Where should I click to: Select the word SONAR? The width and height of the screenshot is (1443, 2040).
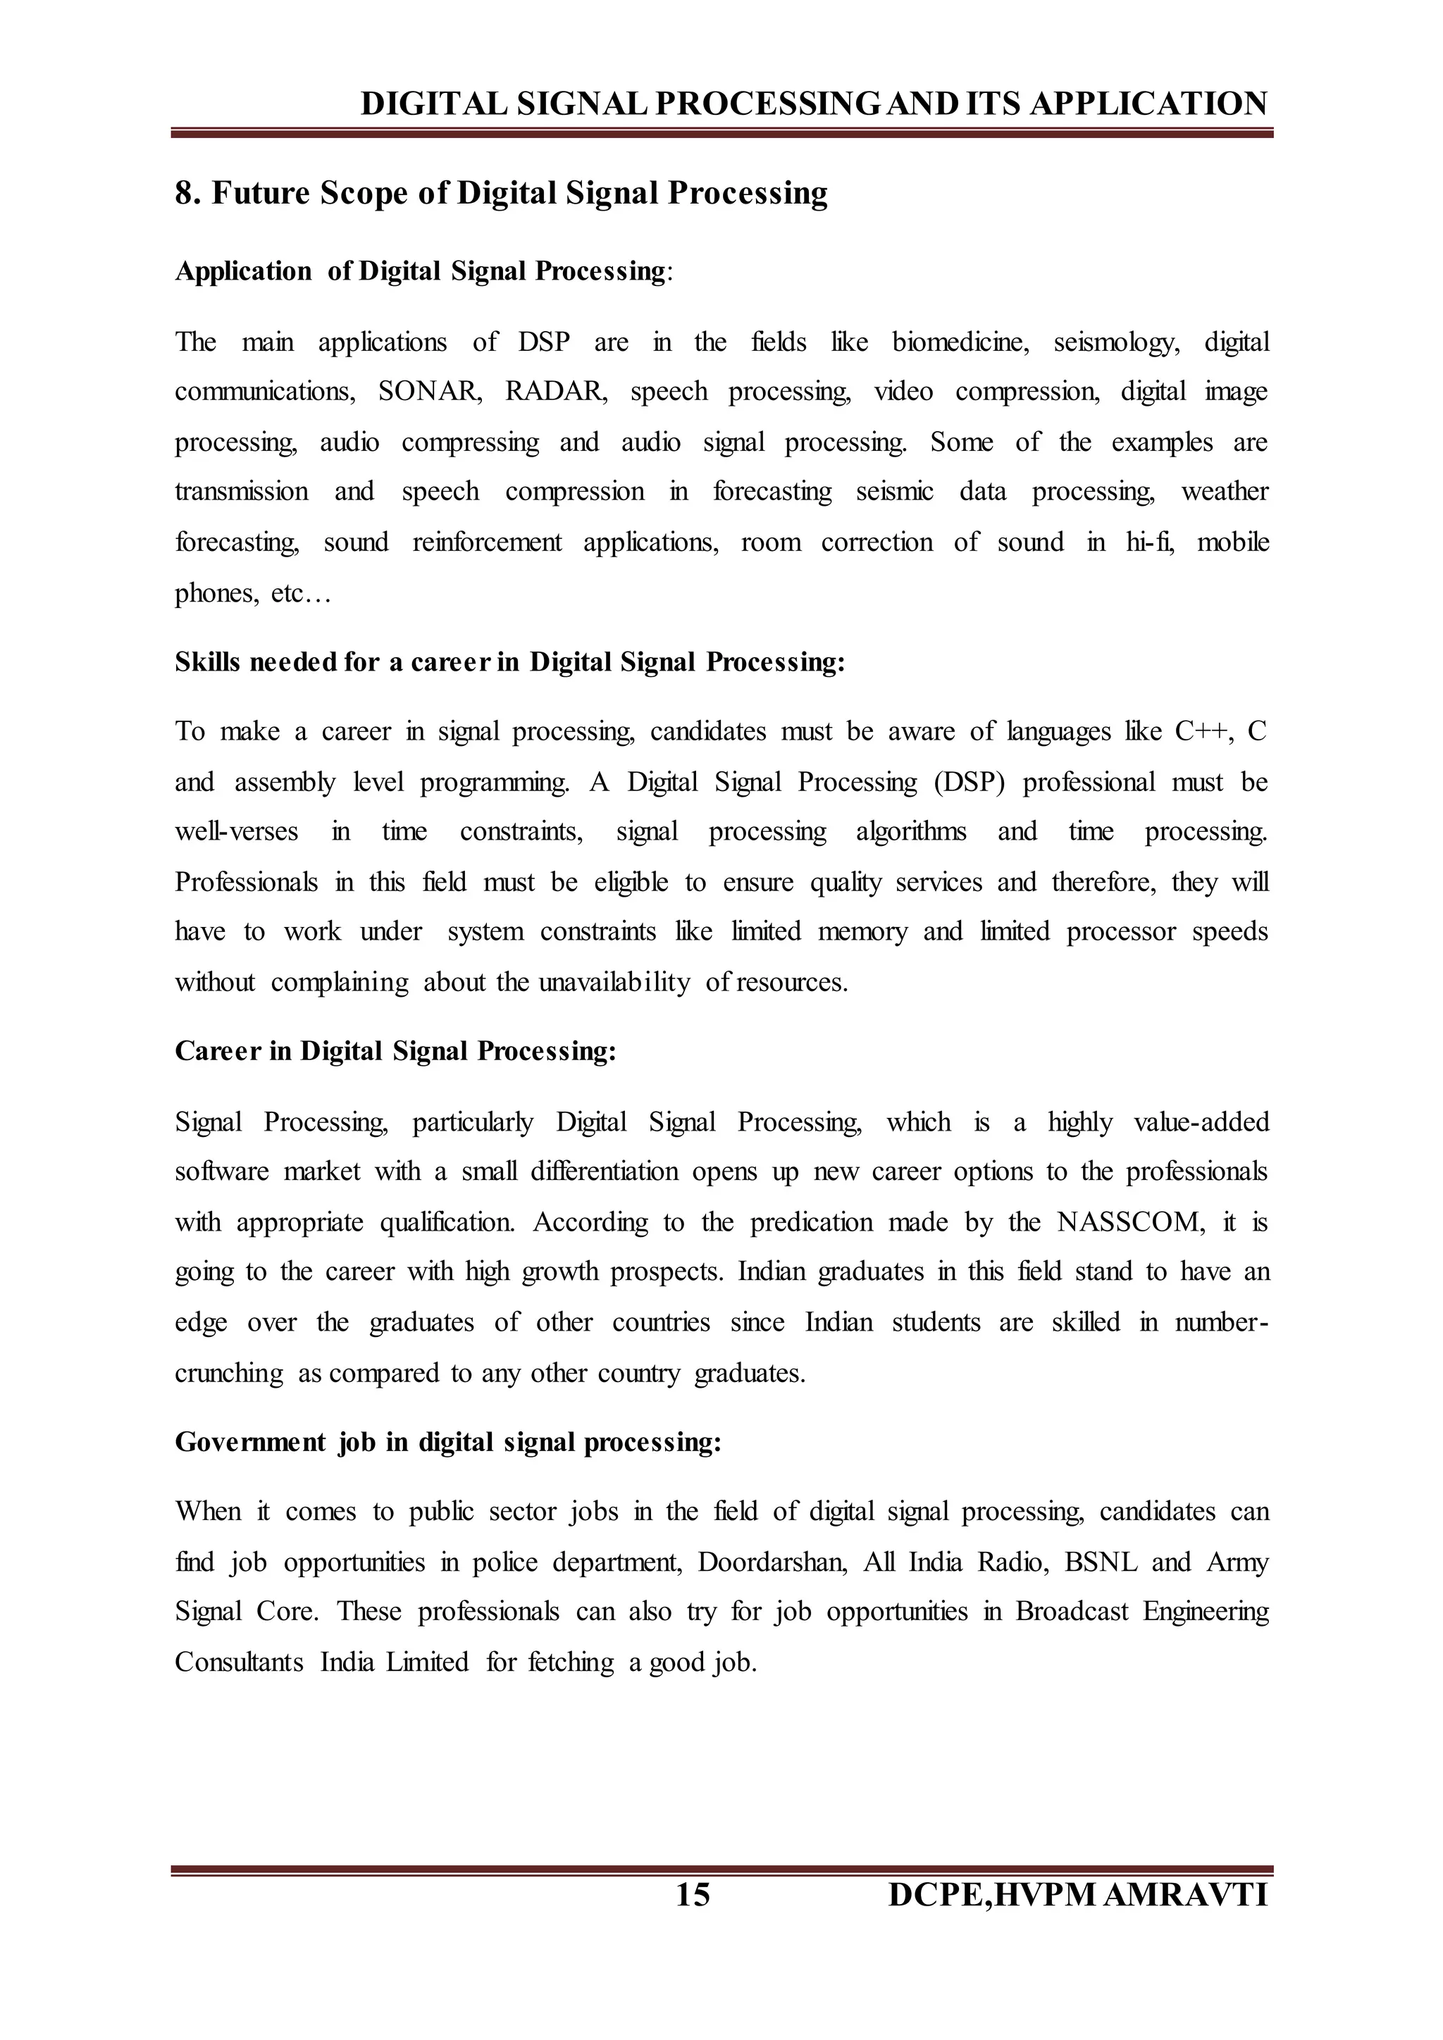(x=429, y=392)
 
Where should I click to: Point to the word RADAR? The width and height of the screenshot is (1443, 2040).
(x=555, y=392)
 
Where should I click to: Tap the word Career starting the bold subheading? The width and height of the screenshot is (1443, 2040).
(x=218, y=1051)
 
